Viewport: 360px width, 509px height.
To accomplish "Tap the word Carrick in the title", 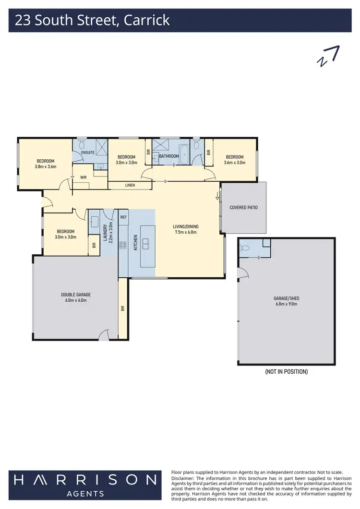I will click(147, 21).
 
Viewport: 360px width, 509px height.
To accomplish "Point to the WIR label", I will click(84, 177).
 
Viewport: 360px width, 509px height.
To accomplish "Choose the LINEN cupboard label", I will click(130, 185).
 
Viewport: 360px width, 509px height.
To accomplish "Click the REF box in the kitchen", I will click(123, 217).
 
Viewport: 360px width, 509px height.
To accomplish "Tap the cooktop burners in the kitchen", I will click(123, 245).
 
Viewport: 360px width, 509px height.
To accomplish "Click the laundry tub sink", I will click(94, 222).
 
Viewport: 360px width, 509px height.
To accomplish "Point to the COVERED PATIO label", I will click(243, 208).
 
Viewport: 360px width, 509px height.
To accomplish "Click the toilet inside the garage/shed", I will click(246, 248).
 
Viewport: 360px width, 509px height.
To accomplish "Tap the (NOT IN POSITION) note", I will click(286, 372).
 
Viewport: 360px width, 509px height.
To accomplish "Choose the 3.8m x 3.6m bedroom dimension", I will click(46, 167).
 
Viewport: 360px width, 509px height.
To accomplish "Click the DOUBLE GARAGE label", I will click(76, 295).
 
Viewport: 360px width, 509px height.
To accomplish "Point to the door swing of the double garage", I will click(104, 336).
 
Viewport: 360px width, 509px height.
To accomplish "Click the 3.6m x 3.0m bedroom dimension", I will click(234, 163).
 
